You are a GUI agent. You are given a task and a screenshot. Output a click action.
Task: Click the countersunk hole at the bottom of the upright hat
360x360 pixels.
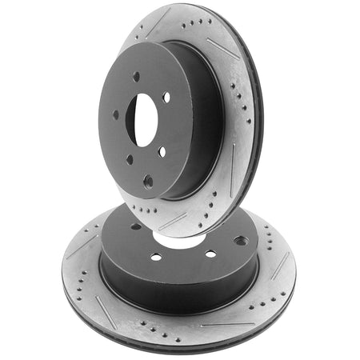pos(148,182)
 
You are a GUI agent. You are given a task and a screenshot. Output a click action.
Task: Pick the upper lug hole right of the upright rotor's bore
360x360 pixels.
pos(166,98)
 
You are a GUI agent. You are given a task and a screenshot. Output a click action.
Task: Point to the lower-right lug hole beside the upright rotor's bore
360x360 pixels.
pos(162,151)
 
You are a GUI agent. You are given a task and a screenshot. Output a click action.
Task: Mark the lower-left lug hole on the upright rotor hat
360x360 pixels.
pos(130,159)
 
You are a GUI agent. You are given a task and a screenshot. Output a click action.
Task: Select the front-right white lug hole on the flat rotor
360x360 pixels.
pos(210,254)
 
